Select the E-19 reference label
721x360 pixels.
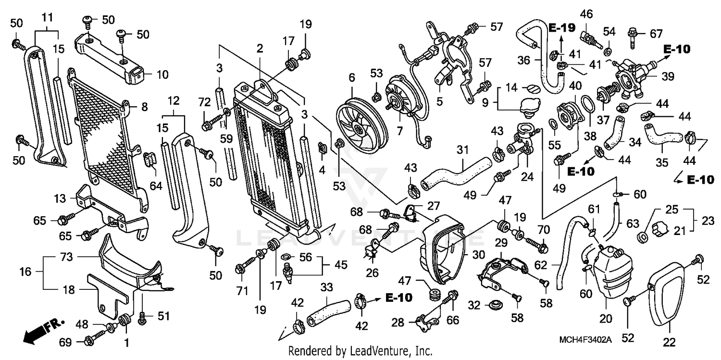pos(561,28)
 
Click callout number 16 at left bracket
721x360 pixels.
pos(25,272)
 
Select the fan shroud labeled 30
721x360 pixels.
pos(442,250)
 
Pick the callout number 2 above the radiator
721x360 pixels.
pos(260,48)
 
